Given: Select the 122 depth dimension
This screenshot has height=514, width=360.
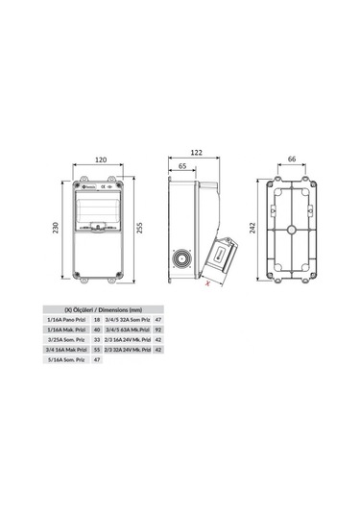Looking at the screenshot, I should [x=198, y=153].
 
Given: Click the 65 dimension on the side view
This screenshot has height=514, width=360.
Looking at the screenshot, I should [x=183, y=166].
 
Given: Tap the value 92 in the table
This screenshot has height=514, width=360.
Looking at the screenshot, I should [x=158, y=329].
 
